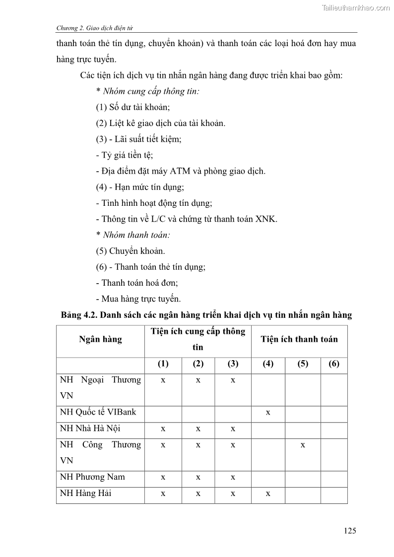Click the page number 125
click(349, 531)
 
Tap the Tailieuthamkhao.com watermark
click(356, 8)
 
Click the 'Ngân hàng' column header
click(100, 339)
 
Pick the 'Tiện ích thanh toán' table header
click(299, 339)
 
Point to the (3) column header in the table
click(233, 364)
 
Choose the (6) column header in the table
click(334, 364)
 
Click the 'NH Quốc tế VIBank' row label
click(98, 412)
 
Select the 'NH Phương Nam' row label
click(92, 477)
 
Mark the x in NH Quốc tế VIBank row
click(268, 412)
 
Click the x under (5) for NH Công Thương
click(303, 445)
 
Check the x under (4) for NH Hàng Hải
click(268, 494)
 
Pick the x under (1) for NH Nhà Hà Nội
click(163, 429)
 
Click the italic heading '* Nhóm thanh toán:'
click(130, 235)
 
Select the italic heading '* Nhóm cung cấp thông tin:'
click(147, 91)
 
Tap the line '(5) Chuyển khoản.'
click(131, 251)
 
